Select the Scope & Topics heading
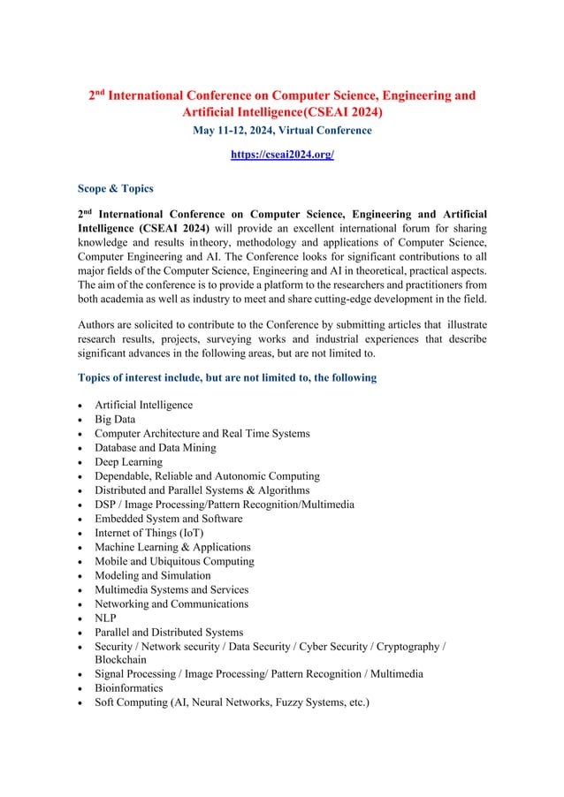(x=116, y=188)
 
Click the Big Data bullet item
(x=120, y=420)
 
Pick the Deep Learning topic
(x=128, y=462)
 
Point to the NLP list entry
(x=105, y=618)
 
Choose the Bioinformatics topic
(x=129, y=687)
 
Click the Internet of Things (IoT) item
(x=149, y=533)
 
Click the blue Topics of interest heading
(x=227, y=377)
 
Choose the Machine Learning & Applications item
(x=172, y=547)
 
